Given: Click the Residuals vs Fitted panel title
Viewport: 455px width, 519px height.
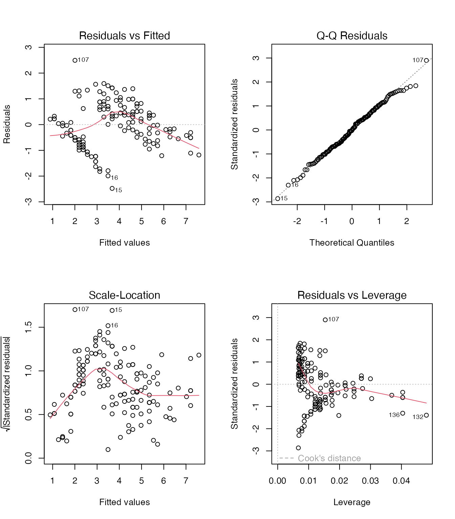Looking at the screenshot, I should click(x=124, y=35).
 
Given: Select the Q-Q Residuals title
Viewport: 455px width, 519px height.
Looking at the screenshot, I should click(x=352, y=35).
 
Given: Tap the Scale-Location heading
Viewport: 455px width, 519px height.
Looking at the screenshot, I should click(x=124, y=295).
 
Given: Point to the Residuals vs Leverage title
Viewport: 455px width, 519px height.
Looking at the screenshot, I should click(x=352, y=295).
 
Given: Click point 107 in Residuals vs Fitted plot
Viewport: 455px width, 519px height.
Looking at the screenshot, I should click(x=75, y=60).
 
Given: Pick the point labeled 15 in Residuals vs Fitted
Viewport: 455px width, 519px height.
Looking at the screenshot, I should click(x=112, y=189).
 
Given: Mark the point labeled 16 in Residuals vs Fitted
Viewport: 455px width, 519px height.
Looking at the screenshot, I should click(x=108, y=176).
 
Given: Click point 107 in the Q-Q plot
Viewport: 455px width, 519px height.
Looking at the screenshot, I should click(x=426, y=60).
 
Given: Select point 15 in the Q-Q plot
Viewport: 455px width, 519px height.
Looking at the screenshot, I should click(x=278, y=199).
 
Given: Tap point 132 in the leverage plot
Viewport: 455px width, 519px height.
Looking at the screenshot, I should click(x=426, y=415).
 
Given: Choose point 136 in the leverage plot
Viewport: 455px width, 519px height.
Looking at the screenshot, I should click(x=403, y=413).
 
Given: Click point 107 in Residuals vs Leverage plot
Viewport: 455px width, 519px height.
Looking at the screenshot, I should click(x=325, y=320).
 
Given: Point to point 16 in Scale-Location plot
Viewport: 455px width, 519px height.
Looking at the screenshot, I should click(x=108, y=326).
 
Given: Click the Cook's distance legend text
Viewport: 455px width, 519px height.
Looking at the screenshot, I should click(x=329, y=458).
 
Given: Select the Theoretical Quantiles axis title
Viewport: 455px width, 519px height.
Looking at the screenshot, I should click(x=352, y=243).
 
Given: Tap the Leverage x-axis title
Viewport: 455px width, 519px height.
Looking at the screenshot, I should click(x=352, y=502).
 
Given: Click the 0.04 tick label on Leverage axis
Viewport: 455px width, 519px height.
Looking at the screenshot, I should click(x=401, y=481).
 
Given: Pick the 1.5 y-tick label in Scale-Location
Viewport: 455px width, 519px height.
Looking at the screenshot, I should click(x=28, y=327).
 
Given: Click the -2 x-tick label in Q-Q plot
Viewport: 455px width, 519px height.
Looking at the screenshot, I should click(x=297, y=221).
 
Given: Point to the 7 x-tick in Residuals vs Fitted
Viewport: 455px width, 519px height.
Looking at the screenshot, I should click(x=186, y=221).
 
